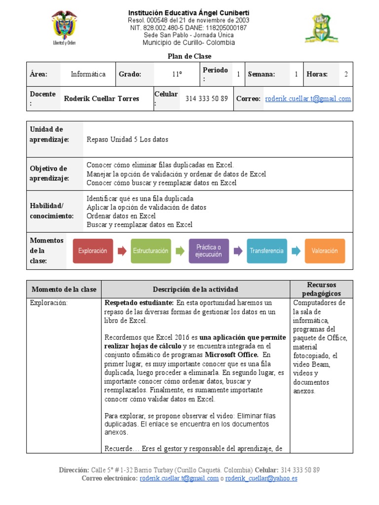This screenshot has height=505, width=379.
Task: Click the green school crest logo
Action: (321, 28)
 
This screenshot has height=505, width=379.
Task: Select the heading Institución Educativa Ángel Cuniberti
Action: (189, 12)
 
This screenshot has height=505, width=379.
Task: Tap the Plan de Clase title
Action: (189, 57)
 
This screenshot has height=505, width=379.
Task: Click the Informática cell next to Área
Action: (88, 74)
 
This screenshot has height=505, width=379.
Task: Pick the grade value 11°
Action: (177, 74)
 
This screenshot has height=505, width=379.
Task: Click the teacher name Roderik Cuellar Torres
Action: (102, 99)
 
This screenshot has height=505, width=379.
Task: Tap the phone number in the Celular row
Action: (206, 99)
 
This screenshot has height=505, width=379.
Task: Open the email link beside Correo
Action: (308, 99)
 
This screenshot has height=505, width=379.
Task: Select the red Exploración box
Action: (93, 251)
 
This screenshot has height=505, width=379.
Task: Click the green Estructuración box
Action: (151, 251)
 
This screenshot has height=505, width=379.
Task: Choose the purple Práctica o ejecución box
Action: (209, 251)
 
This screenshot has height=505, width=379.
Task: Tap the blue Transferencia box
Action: (266, 251)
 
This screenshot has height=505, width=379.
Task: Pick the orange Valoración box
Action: (325, 251)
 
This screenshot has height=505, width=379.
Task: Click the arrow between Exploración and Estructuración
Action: (122, 251)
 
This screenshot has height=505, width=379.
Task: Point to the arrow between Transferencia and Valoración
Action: (296, 251)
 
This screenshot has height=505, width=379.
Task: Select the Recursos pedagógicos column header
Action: (321, 289)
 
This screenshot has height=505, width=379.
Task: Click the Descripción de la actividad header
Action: (195, 289)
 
